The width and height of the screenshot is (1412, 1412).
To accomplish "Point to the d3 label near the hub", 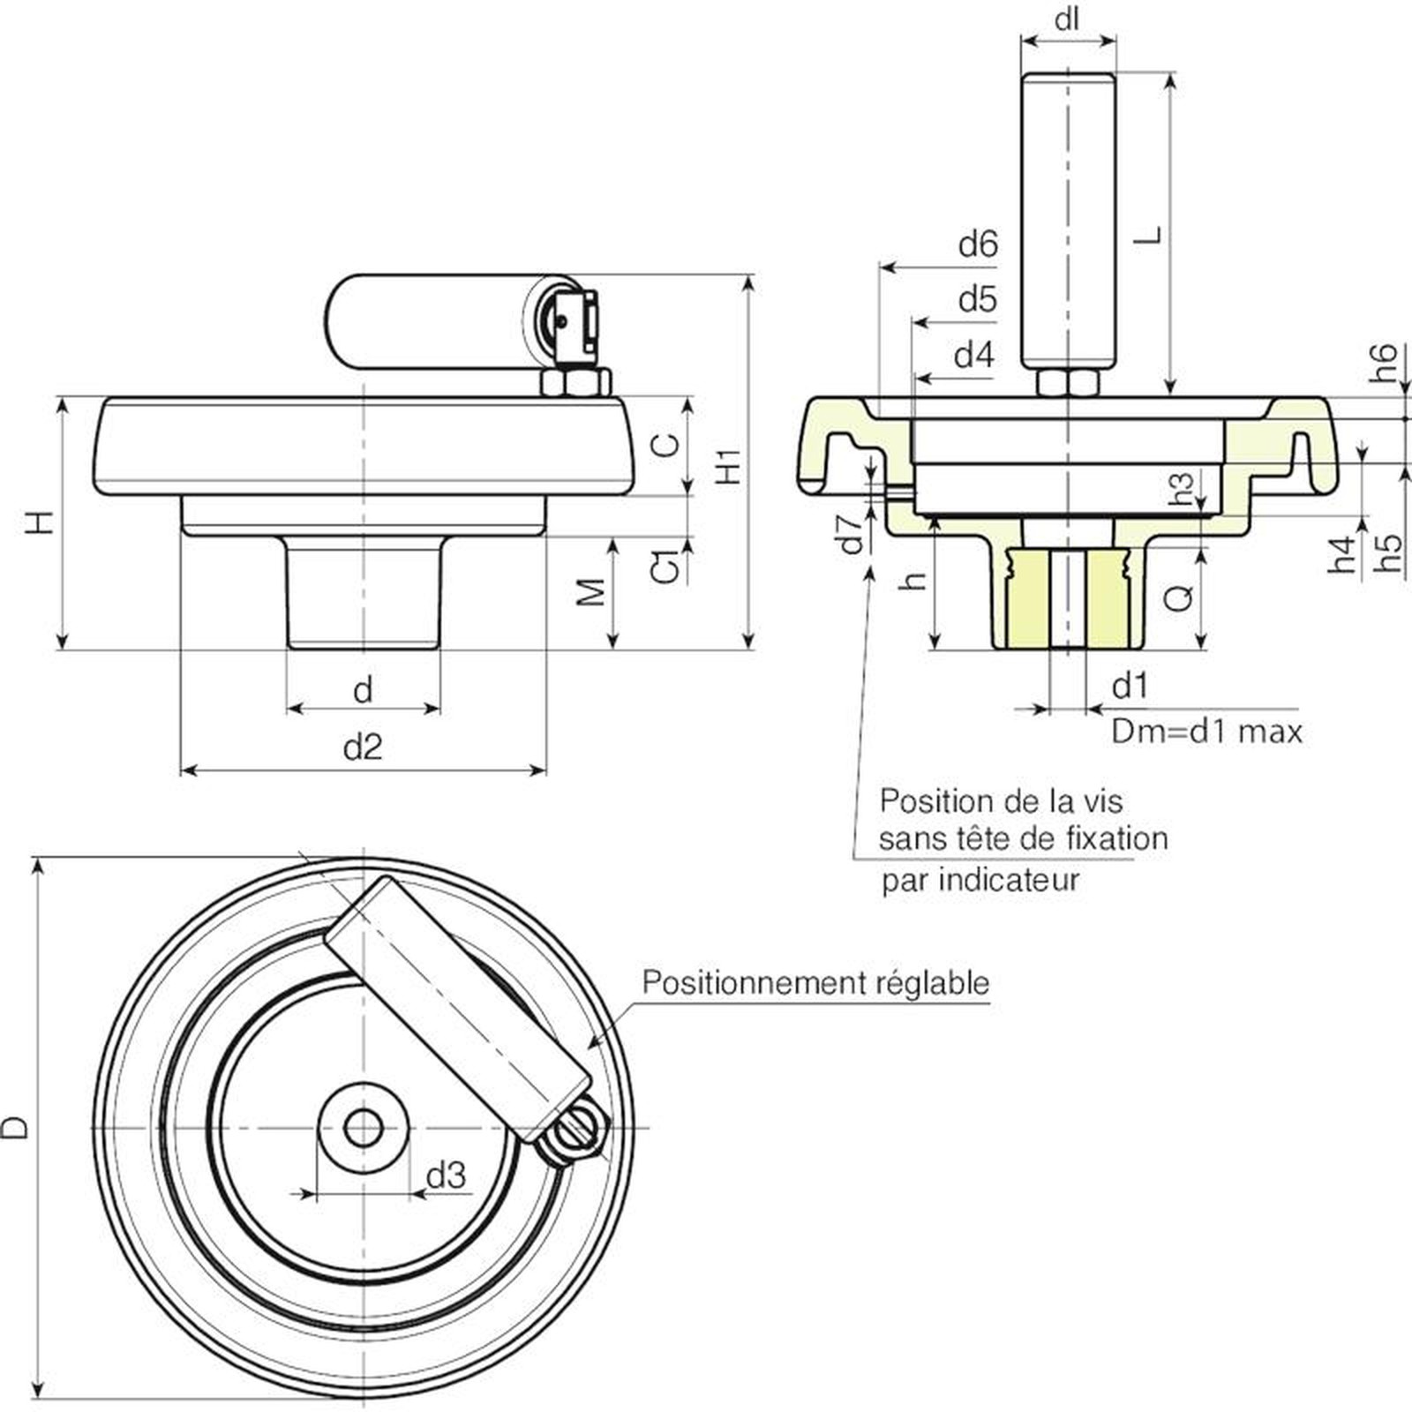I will (x=446, y=1175).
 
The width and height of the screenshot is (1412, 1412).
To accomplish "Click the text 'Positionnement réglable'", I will (x=815, y=982).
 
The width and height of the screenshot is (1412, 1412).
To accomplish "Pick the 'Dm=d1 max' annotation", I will (x=1206, y=732).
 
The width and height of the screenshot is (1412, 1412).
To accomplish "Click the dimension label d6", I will (x=978, y=244).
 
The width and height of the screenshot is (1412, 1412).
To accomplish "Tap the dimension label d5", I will (x=978, y=300).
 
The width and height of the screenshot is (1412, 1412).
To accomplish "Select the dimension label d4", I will (x=974, y=356).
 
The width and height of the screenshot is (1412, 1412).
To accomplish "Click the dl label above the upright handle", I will (x=1068, y=19).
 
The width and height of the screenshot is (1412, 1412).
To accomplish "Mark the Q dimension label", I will (x=1179, y=597).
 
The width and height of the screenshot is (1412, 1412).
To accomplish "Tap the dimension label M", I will (x=591, y=592).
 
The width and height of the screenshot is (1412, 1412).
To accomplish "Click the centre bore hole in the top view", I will (x=363, y=1127).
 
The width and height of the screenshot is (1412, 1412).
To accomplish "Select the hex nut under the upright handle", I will (x=1068, y=383).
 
